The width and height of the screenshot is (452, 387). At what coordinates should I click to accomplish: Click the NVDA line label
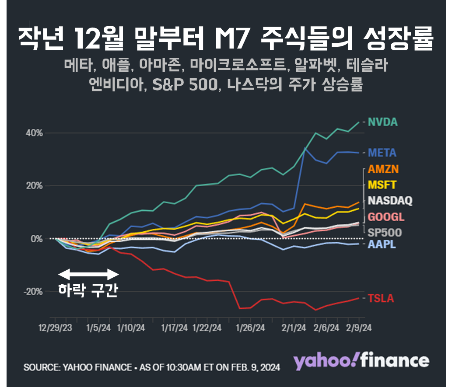click(382, 122)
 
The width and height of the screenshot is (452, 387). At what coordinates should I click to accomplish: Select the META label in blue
click(382, 153)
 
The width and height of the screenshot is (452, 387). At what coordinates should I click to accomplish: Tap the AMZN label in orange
click(383, 169)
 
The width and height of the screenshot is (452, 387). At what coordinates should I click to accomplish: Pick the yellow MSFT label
click(382, 185)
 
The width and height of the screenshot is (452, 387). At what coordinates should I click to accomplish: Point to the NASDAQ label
click(389, 201)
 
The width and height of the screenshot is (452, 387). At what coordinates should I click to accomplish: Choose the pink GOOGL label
click(385, 217)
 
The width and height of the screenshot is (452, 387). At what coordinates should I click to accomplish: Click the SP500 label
click(384, 232)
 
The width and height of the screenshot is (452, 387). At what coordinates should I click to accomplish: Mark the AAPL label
click(382, 244)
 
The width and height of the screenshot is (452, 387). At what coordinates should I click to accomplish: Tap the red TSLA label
click(381, 299)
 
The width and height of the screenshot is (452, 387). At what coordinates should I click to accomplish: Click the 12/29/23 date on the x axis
click(56, 328)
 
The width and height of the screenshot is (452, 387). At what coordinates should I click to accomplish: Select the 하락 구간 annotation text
click(88, 290)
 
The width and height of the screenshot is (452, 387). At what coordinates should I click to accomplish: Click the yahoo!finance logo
click(361, 361)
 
